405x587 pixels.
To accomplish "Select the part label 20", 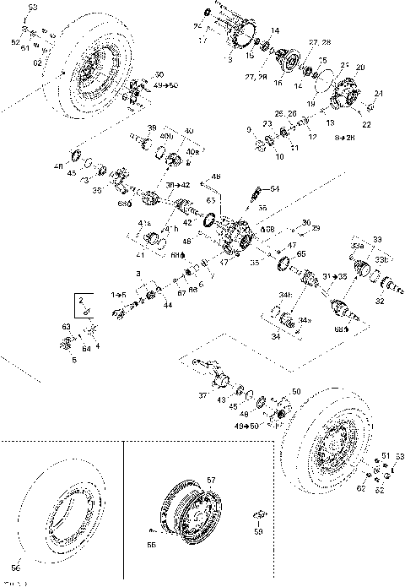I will click(x=360, y=67).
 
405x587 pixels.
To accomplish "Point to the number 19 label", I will click(x=311, y=102).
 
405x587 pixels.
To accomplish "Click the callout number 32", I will click(x=379, y=300).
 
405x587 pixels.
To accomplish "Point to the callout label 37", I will click(x=202, y=394).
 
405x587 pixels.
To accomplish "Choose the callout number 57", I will click(x=211, y=480).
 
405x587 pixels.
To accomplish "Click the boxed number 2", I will click(x=82, y=300).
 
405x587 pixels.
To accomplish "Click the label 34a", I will click(x=305, y=321).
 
